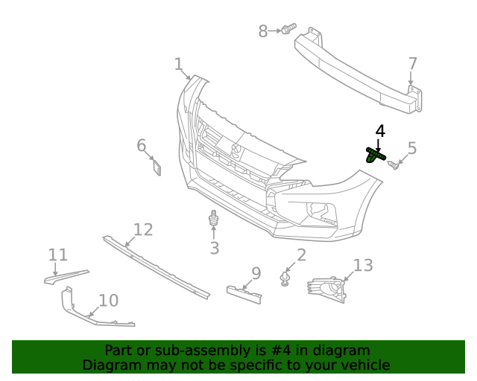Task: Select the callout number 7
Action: pyautogui.click(x=412, y=64)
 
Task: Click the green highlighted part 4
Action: pyautogui.click(x=375, y=155)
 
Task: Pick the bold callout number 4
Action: pyautogui.click(x=380, y=131)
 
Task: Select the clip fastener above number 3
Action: pyautogui.click(x=214, y=220)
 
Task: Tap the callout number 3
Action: pyautogui.click(x=214, y=248)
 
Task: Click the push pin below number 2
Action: pyautogui.click(x=285, y=278)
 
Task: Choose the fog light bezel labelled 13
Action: pyautogui.click(x=328, y=289)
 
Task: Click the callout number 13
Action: pyautogui.click(x=362, y=265)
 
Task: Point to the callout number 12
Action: pyautogui.click(x=143, y=229)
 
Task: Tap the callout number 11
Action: pyautogui.click(x=58, y=255)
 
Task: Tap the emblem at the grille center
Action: pyautogui.click(x=238, y=151)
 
